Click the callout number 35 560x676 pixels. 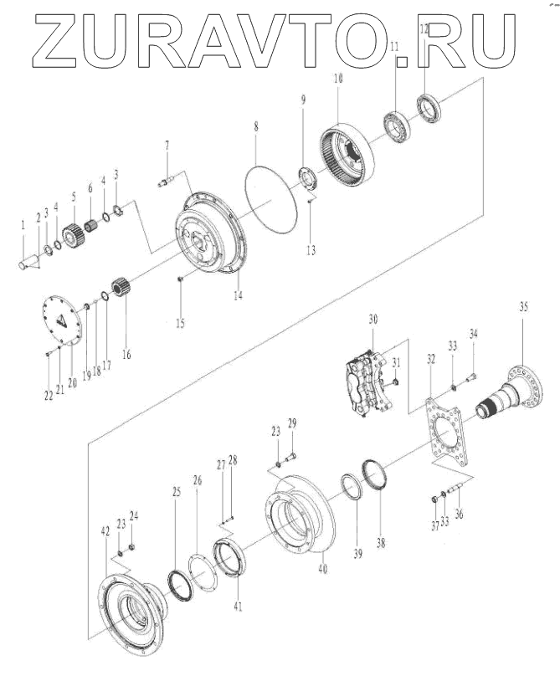pyautogui.click(x=523, y=307)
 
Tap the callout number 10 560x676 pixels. pyautogui.click(x=338, y=78)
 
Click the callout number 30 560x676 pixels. pyautogui.click(x=372, y=320)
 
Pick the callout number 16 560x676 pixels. pyautogui.click(x=126, y=354)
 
